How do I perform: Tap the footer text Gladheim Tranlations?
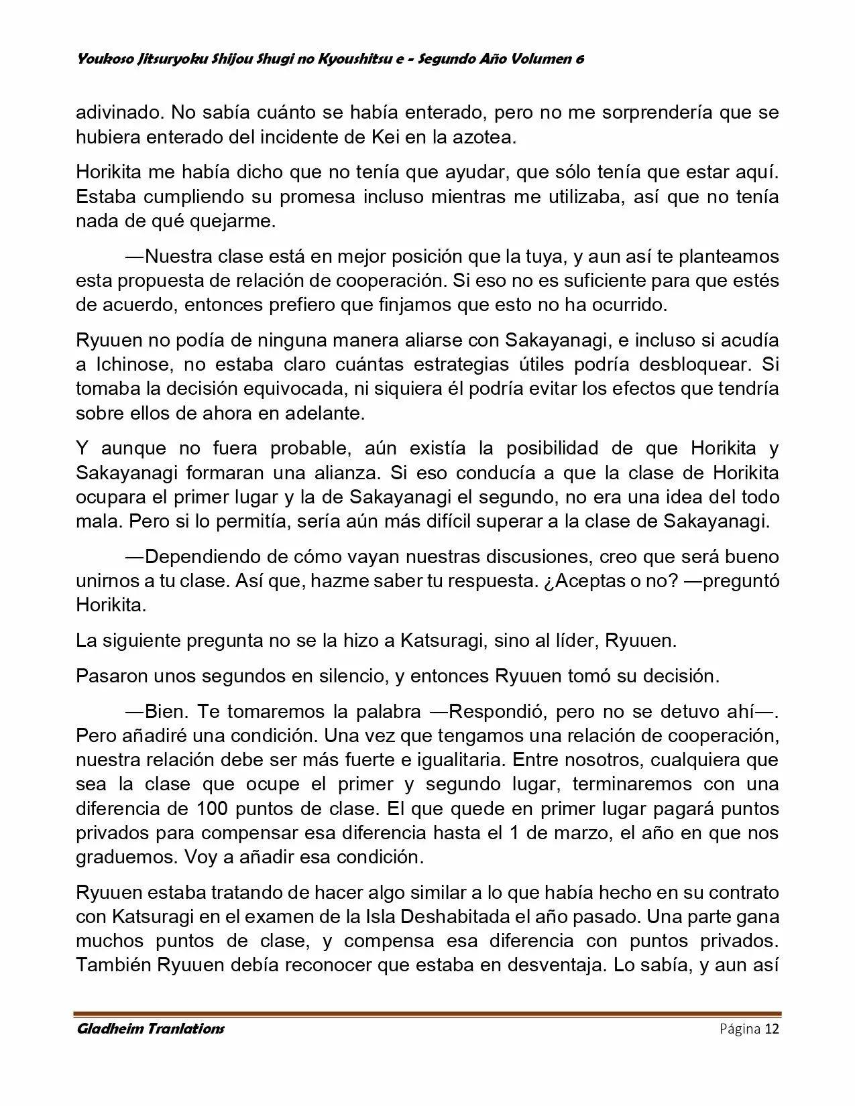(150, 1029)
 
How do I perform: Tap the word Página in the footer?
(740, 1029)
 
